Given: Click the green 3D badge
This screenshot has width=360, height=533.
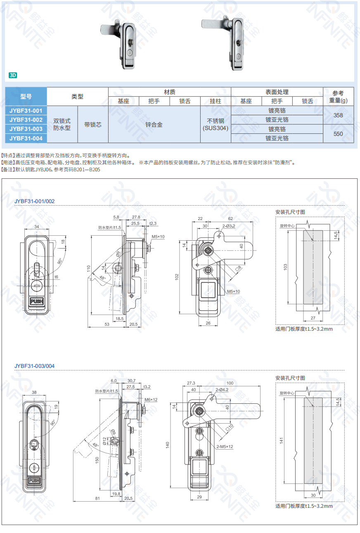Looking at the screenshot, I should click(13, 75).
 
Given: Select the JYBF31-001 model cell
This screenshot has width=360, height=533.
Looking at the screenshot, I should click(26, 111).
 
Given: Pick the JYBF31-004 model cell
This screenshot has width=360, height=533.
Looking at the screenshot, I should click(26, 138).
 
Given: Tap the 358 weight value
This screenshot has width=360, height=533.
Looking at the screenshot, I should click(338, 115).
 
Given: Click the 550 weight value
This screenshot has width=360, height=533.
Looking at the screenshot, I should click(338, 134).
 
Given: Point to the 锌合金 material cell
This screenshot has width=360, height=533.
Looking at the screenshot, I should click(154, 124).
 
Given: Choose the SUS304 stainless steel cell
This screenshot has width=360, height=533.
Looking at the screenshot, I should click(216, 124).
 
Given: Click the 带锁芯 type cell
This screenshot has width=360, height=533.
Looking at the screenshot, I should click(92, 124).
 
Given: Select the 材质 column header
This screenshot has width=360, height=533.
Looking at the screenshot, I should click(169, 92).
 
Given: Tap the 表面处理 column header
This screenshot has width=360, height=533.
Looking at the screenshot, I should click(277, 92).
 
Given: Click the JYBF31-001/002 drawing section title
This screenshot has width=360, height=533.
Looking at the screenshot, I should click(34, 201).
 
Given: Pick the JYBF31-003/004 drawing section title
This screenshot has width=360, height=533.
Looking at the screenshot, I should click(34, 366).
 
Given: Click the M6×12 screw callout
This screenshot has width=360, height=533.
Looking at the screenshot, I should click(152, 400).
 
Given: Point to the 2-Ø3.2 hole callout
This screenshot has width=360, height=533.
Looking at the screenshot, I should click(228, 226).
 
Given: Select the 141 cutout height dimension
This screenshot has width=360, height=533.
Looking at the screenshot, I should click(281, 441).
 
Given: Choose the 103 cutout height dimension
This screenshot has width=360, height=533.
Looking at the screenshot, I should click(285, 267).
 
